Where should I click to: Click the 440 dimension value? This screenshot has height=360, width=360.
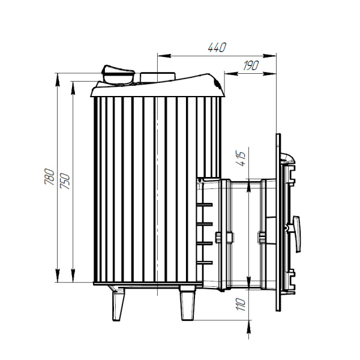[217, 47]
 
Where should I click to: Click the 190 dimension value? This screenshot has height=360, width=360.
[251, 65]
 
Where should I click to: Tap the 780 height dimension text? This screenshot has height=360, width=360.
[50, 177]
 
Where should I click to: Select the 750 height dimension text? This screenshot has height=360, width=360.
[65, 181]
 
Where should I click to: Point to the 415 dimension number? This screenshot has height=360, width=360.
[241, 158]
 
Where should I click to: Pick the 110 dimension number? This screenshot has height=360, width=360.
[241, 304]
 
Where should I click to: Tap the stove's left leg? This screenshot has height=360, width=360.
[118, 303]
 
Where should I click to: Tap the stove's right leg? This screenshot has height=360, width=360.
[188, 303]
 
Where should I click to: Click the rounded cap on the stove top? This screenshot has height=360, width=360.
[118, 76]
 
